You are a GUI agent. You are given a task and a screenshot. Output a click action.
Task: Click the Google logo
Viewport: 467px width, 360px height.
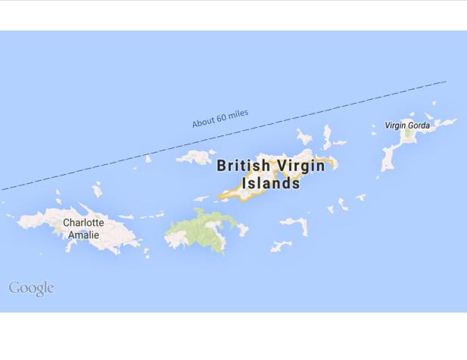tap(31, 288)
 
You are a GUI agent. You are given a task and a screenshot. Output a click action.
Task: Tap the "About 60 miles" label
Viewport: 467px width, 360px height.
tap(219, 119)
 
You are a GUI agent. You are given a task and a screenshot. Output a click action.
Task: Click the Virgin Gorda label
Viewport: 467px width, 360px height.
tap(407, 126)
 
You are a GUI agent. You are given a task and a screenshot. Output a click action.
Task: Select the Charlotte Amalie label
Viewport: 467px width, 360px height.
tap(83, 228)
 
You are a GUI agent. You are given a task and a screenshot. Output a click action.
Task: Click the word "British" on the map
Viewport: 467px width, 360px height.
tap(242, 166)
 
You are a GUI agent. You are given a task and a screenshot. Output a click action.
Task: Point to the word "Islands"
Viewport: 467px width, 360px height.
tap(271, 183)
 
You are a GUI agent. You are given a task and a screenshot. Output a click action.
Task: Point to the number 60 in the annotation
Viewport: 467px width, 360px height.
tap(222, 118)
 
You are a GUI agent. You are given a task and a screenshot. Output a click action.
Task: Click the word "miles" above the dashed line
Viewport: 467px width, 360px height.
tap(238, 114)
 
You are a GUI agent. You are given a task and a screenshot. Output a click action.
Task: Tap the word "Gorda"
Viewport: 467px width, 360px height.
tap(418, 126)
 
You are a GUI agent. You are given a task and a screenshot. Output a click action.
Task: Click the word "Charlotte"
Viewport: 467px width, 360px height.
tap(83, 223)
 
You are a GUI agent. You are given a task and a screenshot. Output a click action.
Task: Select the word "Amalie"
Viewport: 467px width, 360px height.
tap(83, 234)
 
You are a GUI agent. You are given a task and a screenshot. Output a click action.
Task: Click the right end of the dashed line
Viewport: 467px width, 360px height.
tap(445, 82)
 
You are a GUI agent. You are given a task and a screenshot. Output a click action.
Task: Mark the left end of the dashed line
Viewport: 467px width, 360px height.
tap(2, 189)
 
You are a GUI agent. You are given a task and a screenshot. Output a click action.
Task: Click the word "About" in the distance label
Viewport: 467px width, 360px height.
tap(203, 123)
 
